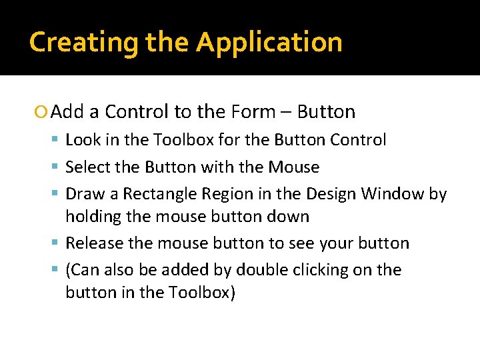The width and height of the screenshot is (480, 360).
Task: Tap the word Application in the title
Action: tap(269, 43)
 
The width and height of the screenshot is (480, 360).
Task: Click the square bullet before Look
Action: tap(58, 140)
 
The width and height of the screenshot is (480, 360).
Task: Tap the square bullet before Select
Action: tap(58, 167)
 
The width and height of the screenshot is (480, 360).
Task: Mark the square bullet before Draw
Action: tap(58, 194)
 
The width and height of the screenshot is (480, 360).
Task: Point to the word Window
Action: tap(393, 194)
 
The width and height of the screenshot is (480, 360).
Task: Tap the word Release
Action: tap(94, 243)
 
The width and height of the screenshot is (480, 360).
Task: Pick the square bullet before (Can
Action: tap(58, 270)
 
